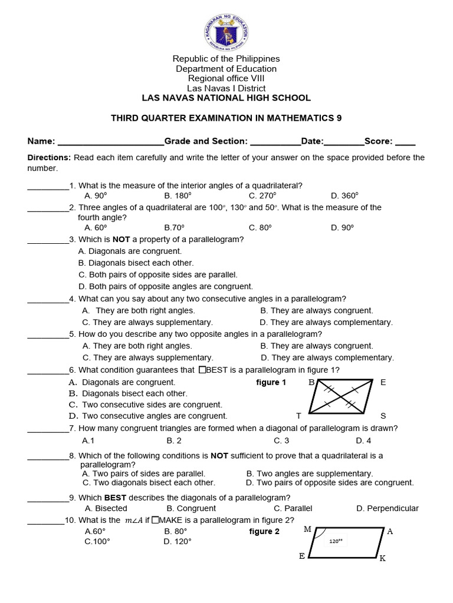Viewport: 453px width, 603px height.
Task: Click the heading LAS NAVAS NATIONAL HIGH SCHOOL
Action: [x=226, y=98]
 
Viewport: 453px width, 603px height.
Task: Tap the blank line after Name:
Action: [x=110, y=142]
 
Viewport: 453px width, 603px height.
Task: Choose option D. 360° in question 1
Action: [x=344, y=196]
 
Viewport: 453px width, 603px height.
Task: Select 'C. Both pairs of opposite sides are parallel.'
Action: [x=157, y=274]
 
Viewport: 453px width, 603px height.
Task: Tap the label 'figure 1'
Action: [x=271, y=383]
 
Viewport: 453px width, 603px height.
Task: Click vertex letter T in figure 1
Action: [x=298, y=416]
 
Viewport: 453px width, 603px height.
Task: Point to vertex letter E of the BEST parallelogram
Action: [x=383, y=382]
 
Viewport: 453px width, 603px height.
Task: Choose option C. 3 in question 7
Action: [x=281, y=440]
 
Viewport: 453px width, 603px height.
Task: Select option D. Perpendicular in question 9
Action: [x=388, y=508]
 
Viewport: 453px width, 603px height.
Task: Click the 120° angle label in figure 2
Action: [x=335, y=541]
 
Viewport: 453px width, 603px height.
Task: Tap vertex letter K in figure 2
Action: [x=382, y=558]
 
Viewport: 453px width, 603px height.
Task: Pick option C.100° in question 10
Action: [x=97, y=542]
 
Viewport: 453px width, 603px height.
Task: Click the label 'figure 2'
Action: [x=264, y=532]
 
